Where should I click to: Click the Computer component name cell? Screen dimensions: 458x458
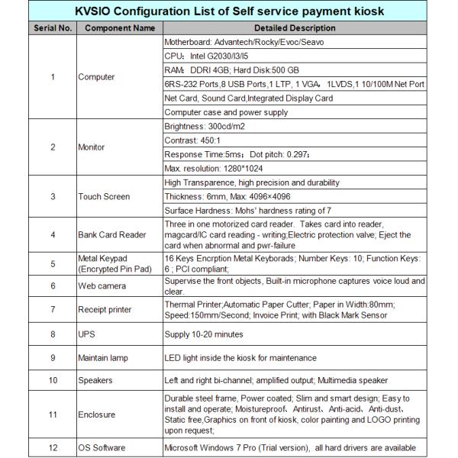(98, 77)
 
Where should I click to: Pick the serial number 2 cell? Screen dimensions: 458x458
(52, 147)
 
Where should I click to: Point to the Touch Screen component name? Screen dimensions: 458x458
(105, 196)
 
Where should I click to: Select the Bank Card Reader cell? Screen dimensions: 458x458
(112, 234)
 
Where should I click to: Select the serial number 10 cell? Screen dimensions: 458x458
(52, 380)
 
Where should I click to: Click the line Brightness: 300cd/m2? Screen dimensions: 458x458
(207, 126)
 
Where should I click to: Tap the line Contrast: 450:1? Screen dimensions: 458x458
(193, 140)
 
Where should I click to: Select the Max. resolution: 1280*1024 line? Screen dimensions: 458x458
(213, 168)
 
